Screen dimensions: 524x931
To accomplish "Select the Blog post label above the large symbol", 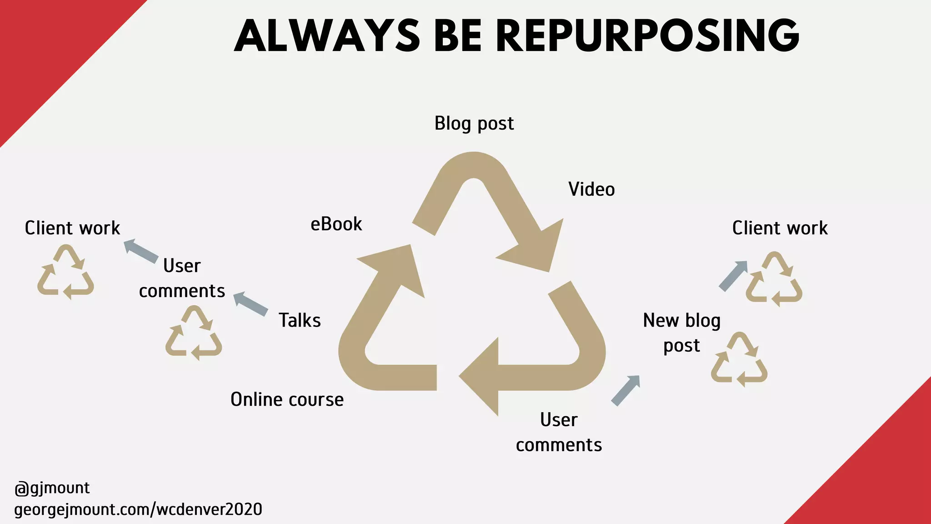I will (x=474, y=124).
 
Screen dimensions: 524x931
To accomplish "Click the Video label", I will (x=591, y=189).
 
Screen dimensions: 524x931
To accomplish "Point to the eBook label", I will (x=336, y=224).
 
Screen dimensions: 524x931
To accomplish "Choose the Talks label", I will (x=300, y=320).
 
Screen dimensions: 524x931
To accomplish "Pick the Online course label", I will (x=287, y=399).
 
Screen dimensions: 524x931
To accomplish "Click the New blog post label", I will (x=681, y=333).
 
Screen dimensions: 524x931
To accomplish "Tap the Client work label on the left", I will (x=72, y=228).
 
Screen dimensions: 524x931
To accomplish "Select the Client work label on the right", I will (x=780, y=228).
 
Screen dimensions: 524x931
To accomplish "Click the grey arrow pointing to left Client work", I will (x=141, y=251).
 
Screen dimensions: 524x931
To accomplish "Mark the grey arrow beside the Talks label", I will (x=250, y=304).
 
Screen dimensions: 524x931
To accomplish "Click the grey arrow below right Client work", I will (x=733, y=276).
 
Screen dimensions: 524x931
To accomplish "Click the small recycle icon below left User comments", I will (x=194, y=333).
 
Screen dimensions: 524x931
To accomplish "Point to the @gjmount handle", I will (x=52, y=488).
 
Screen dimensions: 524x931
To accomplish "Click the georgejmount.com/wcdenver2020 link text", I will (x=138, y=509).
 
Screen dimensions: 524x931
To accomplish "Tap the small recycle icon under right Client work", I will (x=774, y=279).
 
